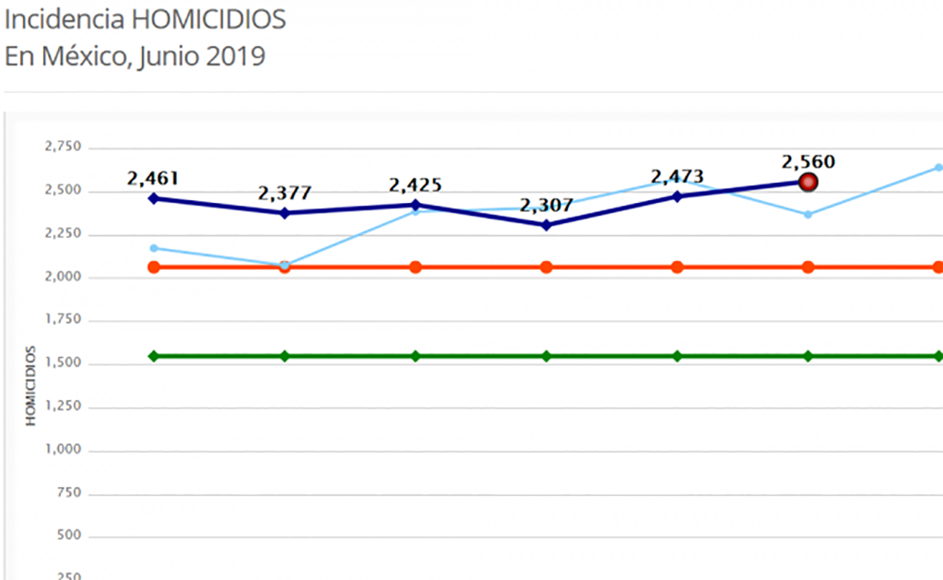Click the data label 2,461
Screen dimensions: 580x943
pyautogui.click(x=153, y=178)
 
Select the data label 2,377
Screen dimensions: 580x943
pyautogui.click(x=285, y=194)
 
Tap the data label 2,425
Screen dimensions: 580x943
pyautogui.click(x=416, y=184)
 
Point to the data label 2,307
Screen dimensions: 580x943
pyautogui.click(x=547, y=205)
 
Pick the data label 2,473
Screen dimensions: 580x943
pyautogui.click(x=678, y=176)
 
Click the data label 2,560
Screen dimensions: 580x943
pyautogui.click(x=808, y=161)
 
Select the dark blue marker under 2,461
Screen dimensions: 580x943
pyautogui.click(x=154, y=198)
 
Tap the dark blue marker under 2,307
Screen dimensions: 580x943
pyautogui.click(x=547, y=225)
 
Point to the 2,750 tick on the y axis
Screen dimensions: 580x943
pyautogui.click(x=62, y=148)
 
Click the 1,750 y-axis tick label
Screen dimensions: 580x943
pyautogui.click(x=62, y=320)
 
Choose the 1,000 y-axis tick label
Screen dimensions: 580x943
pyautogui.click(x=62, y=450)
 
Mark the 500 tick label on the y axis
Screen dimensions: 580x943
pyautogui.click(x=69, y=536)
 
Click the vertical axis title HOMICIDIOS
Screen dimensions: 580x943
pyautogui.click(x=30, y=385)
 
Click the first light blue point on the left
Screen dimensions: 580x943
pyautogui.click(x=154, y=248)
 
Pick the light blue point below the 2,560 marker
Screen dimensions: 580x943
pyautogui.click(x=808, y=215)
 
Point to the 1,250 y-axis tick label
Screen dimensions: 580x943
pyautogui.click(x=62, y=407)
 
